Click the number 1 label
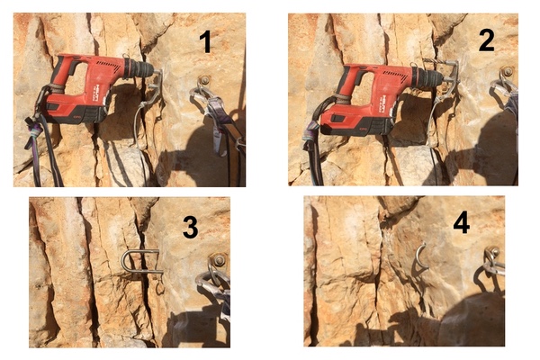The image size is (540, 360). [205, 41]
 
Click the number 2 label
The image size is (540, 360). [486, 40]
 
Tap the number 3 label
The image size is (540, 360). [190, 228]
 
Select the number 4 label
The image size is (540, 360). [461, 223]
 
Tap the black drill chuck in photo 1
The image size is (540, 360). [139, 68]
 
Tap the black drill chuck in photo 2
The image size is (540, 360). [428, 76]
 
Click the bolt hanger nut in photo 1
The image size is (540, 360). [204, 80]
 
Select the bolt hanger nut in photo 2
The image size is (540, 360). [508, 72]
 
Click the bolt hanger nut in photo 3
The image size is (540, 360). [219, 260]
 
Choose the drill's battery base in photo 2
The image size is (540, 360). [356, 123]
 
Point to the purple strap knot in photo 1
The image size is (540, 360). [35, 130]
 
